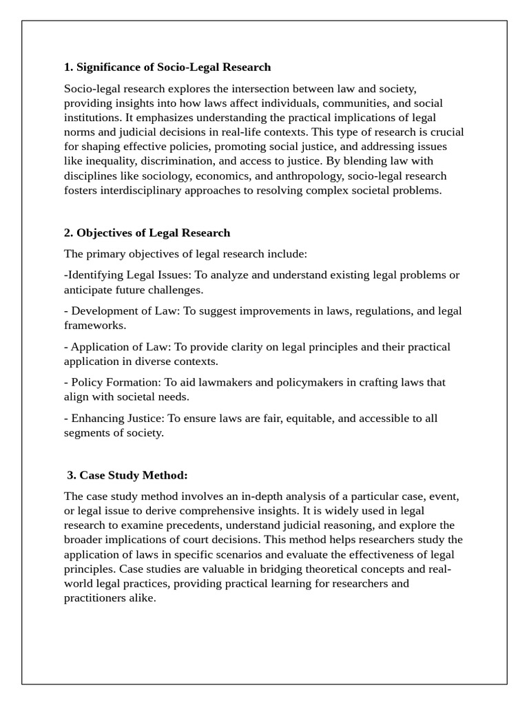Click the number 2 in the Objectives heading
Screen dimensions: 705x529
point(68,233)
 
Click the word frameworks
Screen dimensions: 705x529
point(95,326)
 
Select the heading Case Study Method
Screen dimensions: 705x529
point(133,475)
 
